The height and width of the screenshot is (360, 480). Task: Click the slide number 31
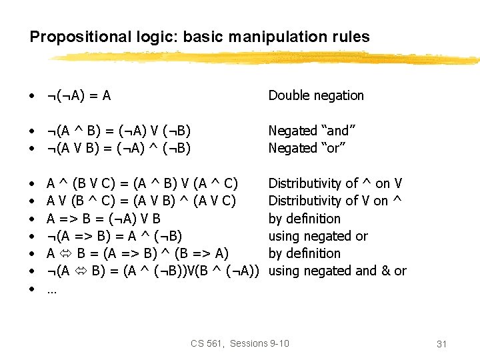click(x=441, y=343)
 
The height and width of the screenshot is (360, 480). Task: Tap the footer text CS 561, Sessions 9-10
click(x=240, y=343)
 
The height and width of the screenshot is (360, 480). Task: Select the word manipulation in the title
click(x=266, y=37)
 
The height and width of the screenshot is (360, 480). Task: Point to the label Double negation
click(x=316, y=95)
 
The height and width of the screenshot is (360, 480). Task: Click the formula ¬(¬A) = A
click(x=79, y=95)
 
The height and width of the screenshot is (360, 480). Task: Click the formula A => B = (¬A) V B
click(x=103, y=219)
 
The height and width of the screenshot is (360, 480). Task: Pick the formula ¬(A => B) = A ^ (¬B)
click(x=114, y=236)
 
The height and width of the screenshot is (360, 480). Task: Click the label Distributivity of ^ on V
click(x=335, y=183)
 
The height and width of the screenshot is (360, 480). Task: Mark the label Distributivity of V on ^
click(x=335, y=201)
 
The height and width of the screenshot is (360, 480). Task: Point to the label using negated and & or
click(x=337, y=271)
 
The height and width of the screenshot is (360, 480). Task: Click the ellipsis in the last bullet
click(x=51, y=289)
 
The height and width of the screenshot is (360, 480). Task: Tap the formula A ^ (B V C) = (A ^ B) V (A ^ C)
click(x=142, y=183)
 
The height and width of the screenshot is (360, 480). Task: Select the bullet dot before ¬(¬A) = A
click(x=32, y=96)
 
